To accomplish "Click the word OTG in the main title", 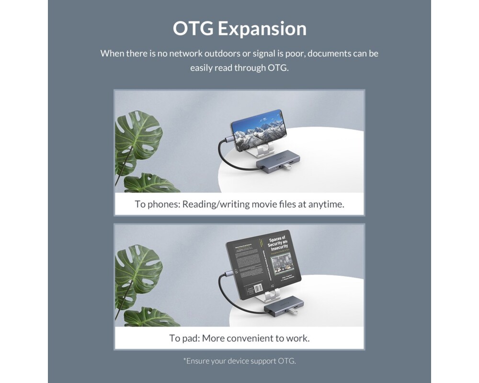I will click(193, 29).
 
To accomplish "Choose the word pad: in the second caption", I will click(190, 338).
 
